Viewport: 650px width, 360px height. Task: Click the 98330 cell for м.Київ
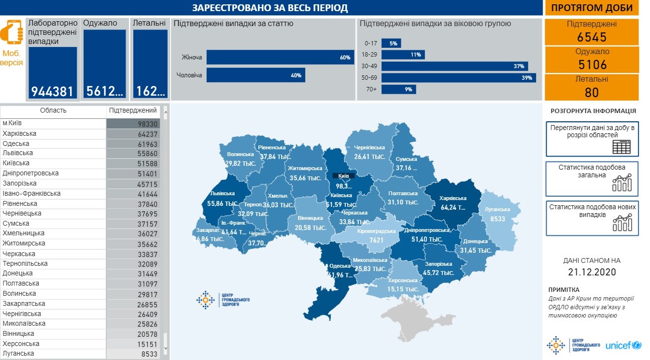pyautogui.click(x=132, y=124)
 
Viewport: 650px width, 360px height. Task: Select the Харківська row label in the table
pyautogui.click(x=19, y=134)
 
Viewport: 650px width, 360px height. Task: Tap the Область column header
pyautogui.click(x=53, y=111)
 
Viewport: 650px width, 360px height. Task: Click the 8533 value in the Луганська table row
pyautogui.click(x=132, y=354)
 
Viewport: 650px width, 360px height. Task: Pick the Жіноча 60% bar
pyautogui.click(x=280, y=58)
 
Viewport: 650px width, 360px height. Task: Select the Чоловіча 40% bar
pyautogui.click(x=255, y=75)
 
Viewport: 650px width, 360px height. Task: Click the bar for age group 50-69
pyautogui.click(x=458, y=78)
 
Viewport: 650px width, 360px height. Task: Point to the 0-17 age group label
pyautogui.click(x=370, y=43)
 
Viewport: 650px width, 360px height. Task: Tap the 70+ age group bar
pyautogui.click(x=398, y=89)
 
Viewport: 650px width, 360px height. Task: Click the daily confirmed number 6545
pyautogui.click(x=592, y=37)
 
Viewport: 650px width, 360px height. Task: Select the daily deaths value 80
pyautogui.click(x=592, y=92)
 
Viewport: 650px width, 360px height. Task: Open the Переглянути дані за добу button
pyautogui.click(x=592, y=139)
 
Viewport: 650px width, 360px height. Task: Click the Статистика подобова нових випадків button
pyautogui.click(x=592, y=218)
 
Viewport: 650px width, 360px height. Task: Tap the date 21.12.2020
pyautogui.click(x=592, y=272)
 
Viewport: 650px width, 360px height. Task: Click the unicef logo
pyautogui.click(x=622, y=346)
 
